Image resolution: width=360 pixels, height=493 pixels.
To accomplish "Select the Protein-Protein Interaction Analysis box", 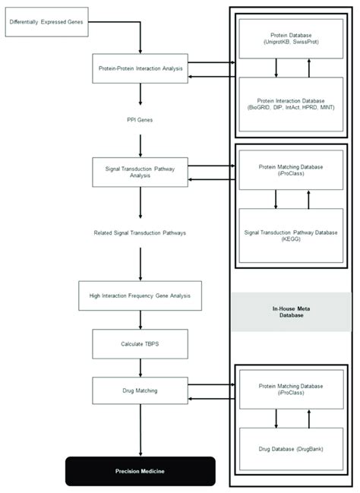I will click(141, 68).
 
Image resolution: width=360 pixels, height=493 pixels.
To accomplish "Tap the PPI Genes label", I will click(141, 120).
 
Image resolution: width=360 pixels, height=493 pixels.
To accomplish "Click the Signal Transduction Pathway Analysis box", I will click(141, 172).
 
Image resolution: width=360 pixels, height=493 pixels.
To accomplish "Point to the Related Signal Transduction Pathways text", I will click(141, 232).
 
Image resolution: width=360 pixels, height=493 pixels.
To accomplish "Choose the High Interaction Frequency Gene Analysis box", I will click(141, 295).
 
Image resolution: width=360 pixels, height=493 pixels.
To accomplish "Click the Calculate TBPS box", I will click(141, 343).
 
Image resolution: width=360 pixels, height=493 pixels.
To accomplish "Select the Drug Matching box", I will click(141, 390).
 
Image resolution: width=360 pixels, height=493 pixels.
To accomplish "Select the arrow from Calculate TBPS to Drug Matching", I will click(141, 368).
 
